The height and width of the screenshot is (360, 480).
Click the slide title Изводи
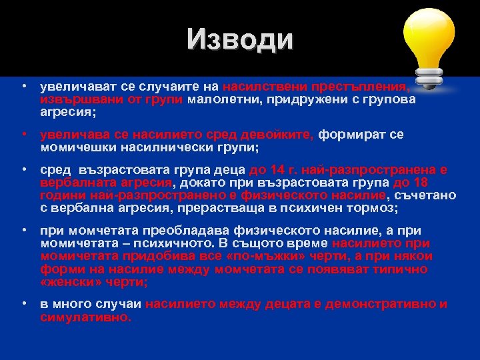(x=239, y=39)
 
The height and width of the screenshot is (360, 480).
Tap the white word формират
(x=352, y=134)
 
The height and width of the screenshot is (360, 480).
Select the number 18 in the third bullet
(x=421, y=182)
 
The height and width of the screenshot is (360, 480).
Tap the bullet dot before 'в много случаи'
(x=24, y=304)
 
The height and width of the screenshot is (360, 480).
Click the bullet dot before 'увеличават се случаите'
(x=24, y=87)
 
